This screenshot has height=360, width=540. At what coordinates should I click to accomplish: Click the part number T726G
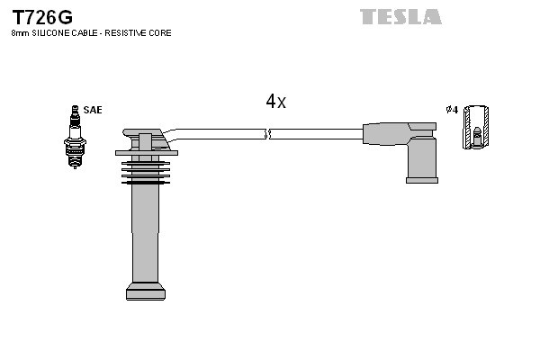coord(41,17)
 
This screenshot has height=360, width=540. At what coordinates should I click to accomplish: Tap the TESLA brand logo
coord(400,16)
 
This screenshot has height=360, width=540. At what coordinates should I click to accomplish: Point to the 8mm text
coord(19,33)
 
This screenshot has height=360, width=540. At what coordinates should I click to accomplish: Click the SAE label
coord(93,110)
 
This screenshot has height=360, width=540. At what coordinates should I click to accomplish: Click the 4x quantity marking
coord(275,102)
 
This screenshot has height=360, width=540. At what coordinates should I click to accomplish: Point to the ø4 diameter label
coord(452,110)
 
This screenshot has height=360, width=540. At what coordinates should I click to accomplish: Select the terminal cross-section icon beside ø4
coord(477,127)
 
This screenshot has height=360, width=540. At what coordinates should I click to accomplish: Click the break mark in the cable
coord(267,134)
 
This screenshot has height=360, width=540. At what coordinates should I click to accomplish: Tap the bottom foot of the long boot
coord(145,291)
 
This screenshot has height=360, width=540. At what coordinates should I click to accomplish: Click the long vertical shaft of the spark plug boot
coord(145,234)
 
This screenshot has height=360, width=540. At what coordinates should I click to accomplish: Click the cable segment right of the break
coord(315,134)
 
